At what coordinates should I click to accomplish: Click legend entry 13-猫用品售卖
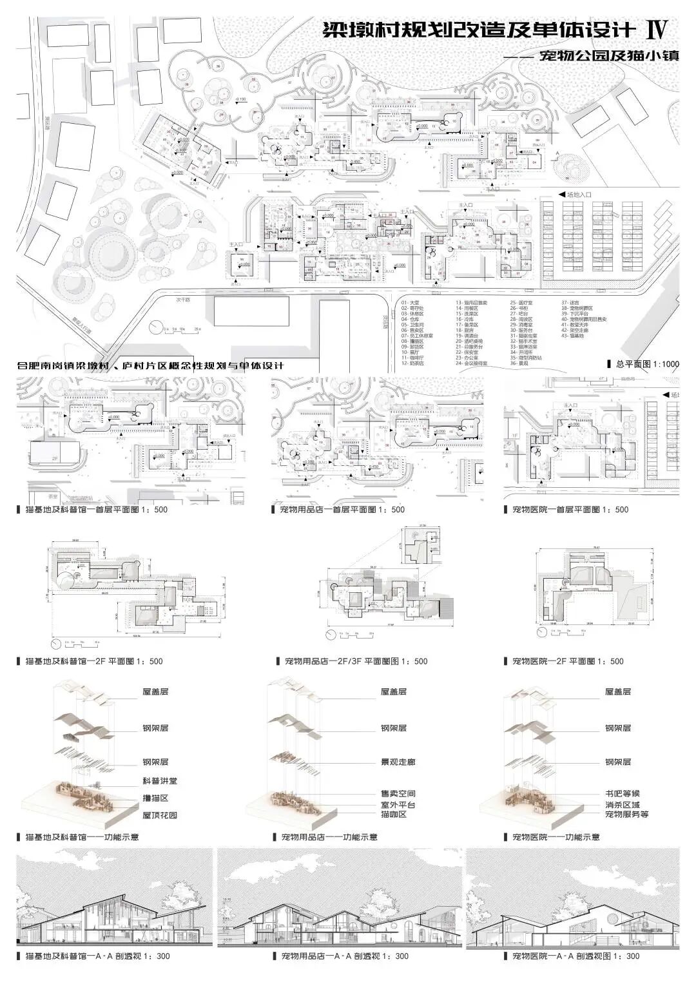[471, 302]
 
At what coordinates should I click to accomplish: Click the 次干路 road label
[186, 300]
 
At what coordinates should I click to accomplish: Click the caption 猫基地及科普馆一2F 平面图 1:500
[93, 661]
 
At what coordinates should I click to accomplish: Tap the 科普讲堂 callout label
[159, 780]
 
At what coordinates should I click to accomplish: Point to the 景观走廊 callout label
[398, 762]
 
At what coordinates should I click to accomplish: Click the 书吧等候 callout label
[622, 793]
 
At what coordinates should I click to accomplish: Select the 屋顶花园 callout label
[159, 815]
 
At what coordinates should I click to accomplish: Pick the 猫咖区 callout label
[394, 815]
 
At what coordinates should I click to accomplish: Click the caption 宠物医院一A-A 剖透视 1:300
[575, 956]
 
